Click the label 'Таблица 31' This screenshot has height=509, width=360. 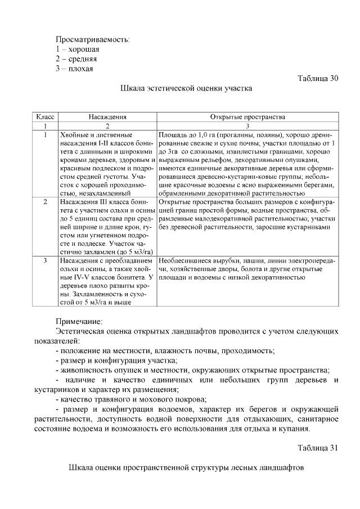click(317, 447)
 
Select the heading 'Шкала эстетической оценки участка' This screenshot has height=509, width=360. click(186, 88)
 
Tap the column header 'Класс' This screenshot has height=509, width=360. click(44, 118)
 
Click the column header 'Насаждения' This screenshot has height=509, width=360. click(107, 118)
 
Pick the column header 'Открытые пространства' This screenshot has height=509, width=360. click(247, 118)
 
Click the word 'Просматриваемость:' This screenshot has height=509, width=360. click(92, 40)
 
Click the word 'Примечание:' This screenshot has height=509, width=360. click(79, 321)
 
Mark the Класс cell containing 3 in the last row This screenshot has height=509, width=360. click(44, 261)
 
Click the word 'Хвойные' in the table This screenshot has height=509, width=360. click(74, 136)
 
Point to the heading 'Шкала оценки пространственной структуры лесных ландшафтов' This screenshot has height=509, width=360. click(186, 468)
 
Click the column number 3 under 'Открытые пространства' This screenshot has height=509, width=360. click(247, 127)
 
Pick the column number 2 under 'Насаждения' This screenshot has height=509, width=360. click(107, 127)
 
